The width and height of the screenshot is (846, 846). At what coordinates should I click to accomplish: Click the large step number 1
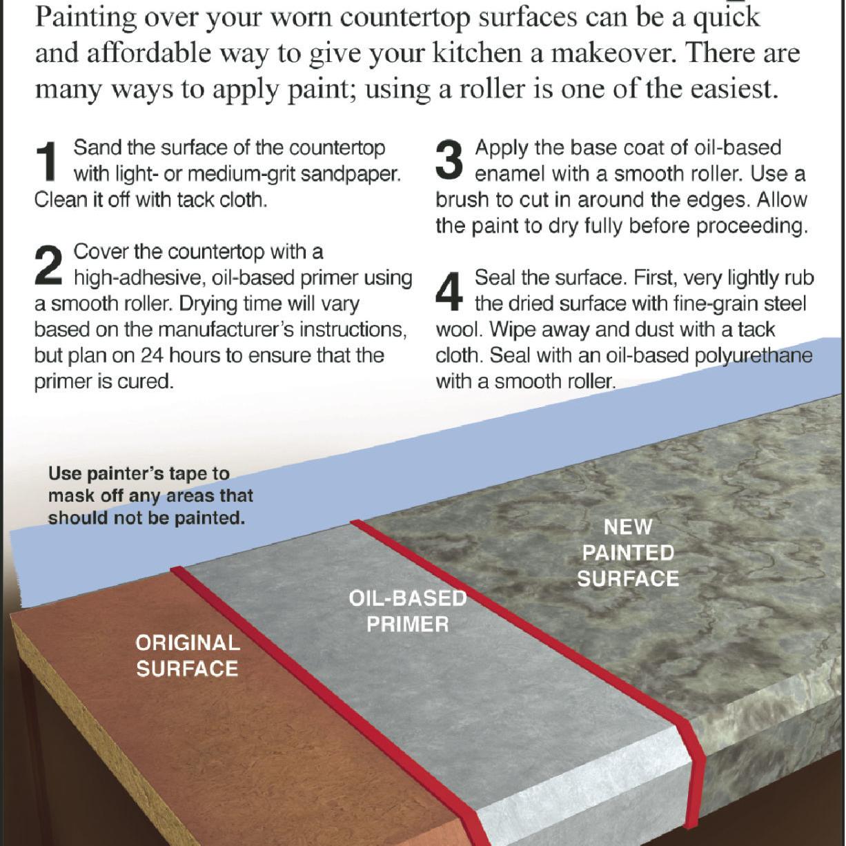(46, 161)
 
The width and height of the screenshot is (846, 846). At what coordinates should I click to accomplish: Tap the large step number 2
(48, 265)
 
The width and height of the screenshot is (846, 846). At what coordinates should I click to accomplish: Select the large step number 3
(449, 161)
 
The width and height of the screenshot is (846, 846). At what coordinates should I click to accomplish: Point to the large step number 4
(449, 291)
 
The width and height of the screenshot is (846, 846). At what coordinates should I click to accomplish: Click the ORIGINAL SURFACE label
(188, 656)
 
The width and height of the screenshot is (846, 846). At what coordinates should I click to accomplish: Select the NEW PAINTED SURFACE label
(628, 553)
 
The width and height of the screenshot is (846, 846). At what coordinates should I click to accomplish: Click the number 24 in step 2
(152, 355)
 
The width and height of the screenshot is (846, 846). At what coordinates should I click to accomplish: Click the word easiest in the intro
(731, 89)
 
